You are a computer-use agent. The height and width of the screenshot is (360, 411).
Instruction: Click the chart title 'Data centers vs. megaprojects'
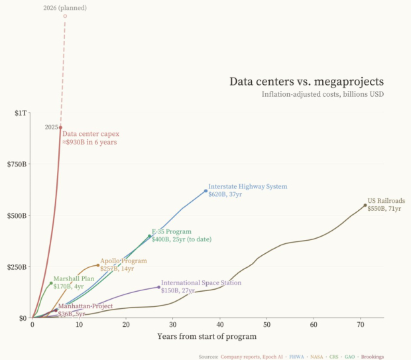pyautogui.click(x=306, y=82)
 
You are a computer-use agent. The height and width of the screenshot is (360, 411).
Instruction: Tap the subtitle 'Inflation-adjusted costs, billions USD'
pyautogui.click(x=322, y=94)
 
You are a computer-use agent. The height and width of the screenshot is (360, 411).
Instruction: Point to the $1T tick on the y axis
pyautogui.click(x=21, y=113)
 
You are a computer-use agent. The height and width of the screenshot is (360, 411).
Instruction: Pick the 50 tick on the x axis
pyautogui.click(x=266, y=326)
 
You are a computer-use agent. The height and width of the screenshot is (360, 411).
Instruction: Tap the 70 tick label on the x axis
pyautogui.click(x=360, y=326)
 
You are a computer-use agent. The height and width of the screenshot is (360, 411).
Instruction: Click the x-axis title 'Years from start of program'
pyautogui.click(x=207, y=336)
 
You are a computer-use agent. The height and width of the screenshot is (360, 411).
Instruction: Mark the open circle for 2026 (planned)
pyautogui.click(x=65, y=16)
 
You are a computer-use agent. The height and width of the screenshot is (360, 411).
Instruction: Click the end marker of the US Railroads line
pyautogui.click(x=365, y=206)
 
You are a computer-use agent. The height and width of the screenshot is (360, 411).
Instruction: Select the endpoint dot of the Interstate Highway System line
pyautogui.click(x=206, y=191)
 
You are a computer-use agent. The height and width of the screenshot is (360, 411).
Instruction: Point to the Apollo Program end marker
pyautogui.click(x=98, y=265)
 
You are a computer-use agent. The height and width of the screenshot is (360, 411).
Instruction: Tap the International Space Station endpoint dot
pyautogui.click(x=158, y=287)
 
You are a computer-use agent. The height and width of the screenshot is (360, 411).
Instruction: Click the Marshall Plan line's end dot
pyautogui.click(x=51, y=283)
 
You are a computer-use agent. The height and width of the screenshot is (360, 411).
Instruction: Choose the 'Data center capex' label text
pyautogui.click(x=91, y=133)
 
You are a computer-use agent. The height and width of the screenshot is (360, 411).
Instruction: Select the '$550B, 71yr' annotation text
pyautogui.click(x=384, y=209)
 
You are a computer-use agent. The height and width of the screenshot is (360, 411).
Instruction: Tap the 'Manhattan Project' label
pyautogui.click(x=86, y=306)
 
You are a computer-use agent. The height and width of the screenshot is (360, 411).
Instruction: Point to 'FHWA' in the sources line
pyautogui.click(x=296, y=357)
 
